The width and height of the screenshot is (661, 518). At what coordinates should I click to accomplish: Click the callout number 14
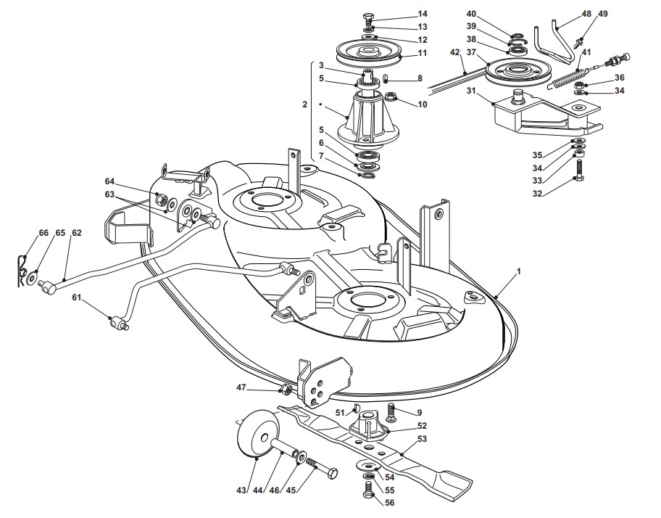point(423,14)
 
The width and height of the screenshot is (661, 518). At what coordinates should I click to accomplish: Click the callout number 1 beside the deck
point(518,271)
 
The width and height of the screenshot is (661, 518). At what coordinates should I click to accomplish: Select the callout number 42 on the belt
point(455,52)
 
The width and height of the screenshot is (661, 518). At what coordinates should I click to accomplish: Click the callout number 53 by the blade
point(421,439)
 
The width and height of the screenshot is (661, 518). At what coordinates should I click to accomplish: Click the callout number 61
point(77,297)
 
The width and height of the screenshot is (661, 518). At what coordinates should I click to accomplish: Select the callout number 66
point(43,232)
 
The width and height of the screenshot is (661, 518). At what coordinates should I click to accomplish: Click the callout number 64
point(109,181)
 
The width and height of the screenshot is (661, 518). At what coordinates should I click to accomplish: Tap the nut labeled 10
point(390,97)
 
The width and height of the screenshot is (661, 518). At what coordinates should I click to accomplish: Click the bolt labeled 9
point(392,413)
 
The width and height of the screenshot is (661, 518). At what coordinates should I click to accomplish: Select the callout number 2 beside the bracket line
point(304,104)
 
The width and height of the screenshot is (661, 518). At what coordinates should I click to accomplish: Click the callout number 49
point(603,14)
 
